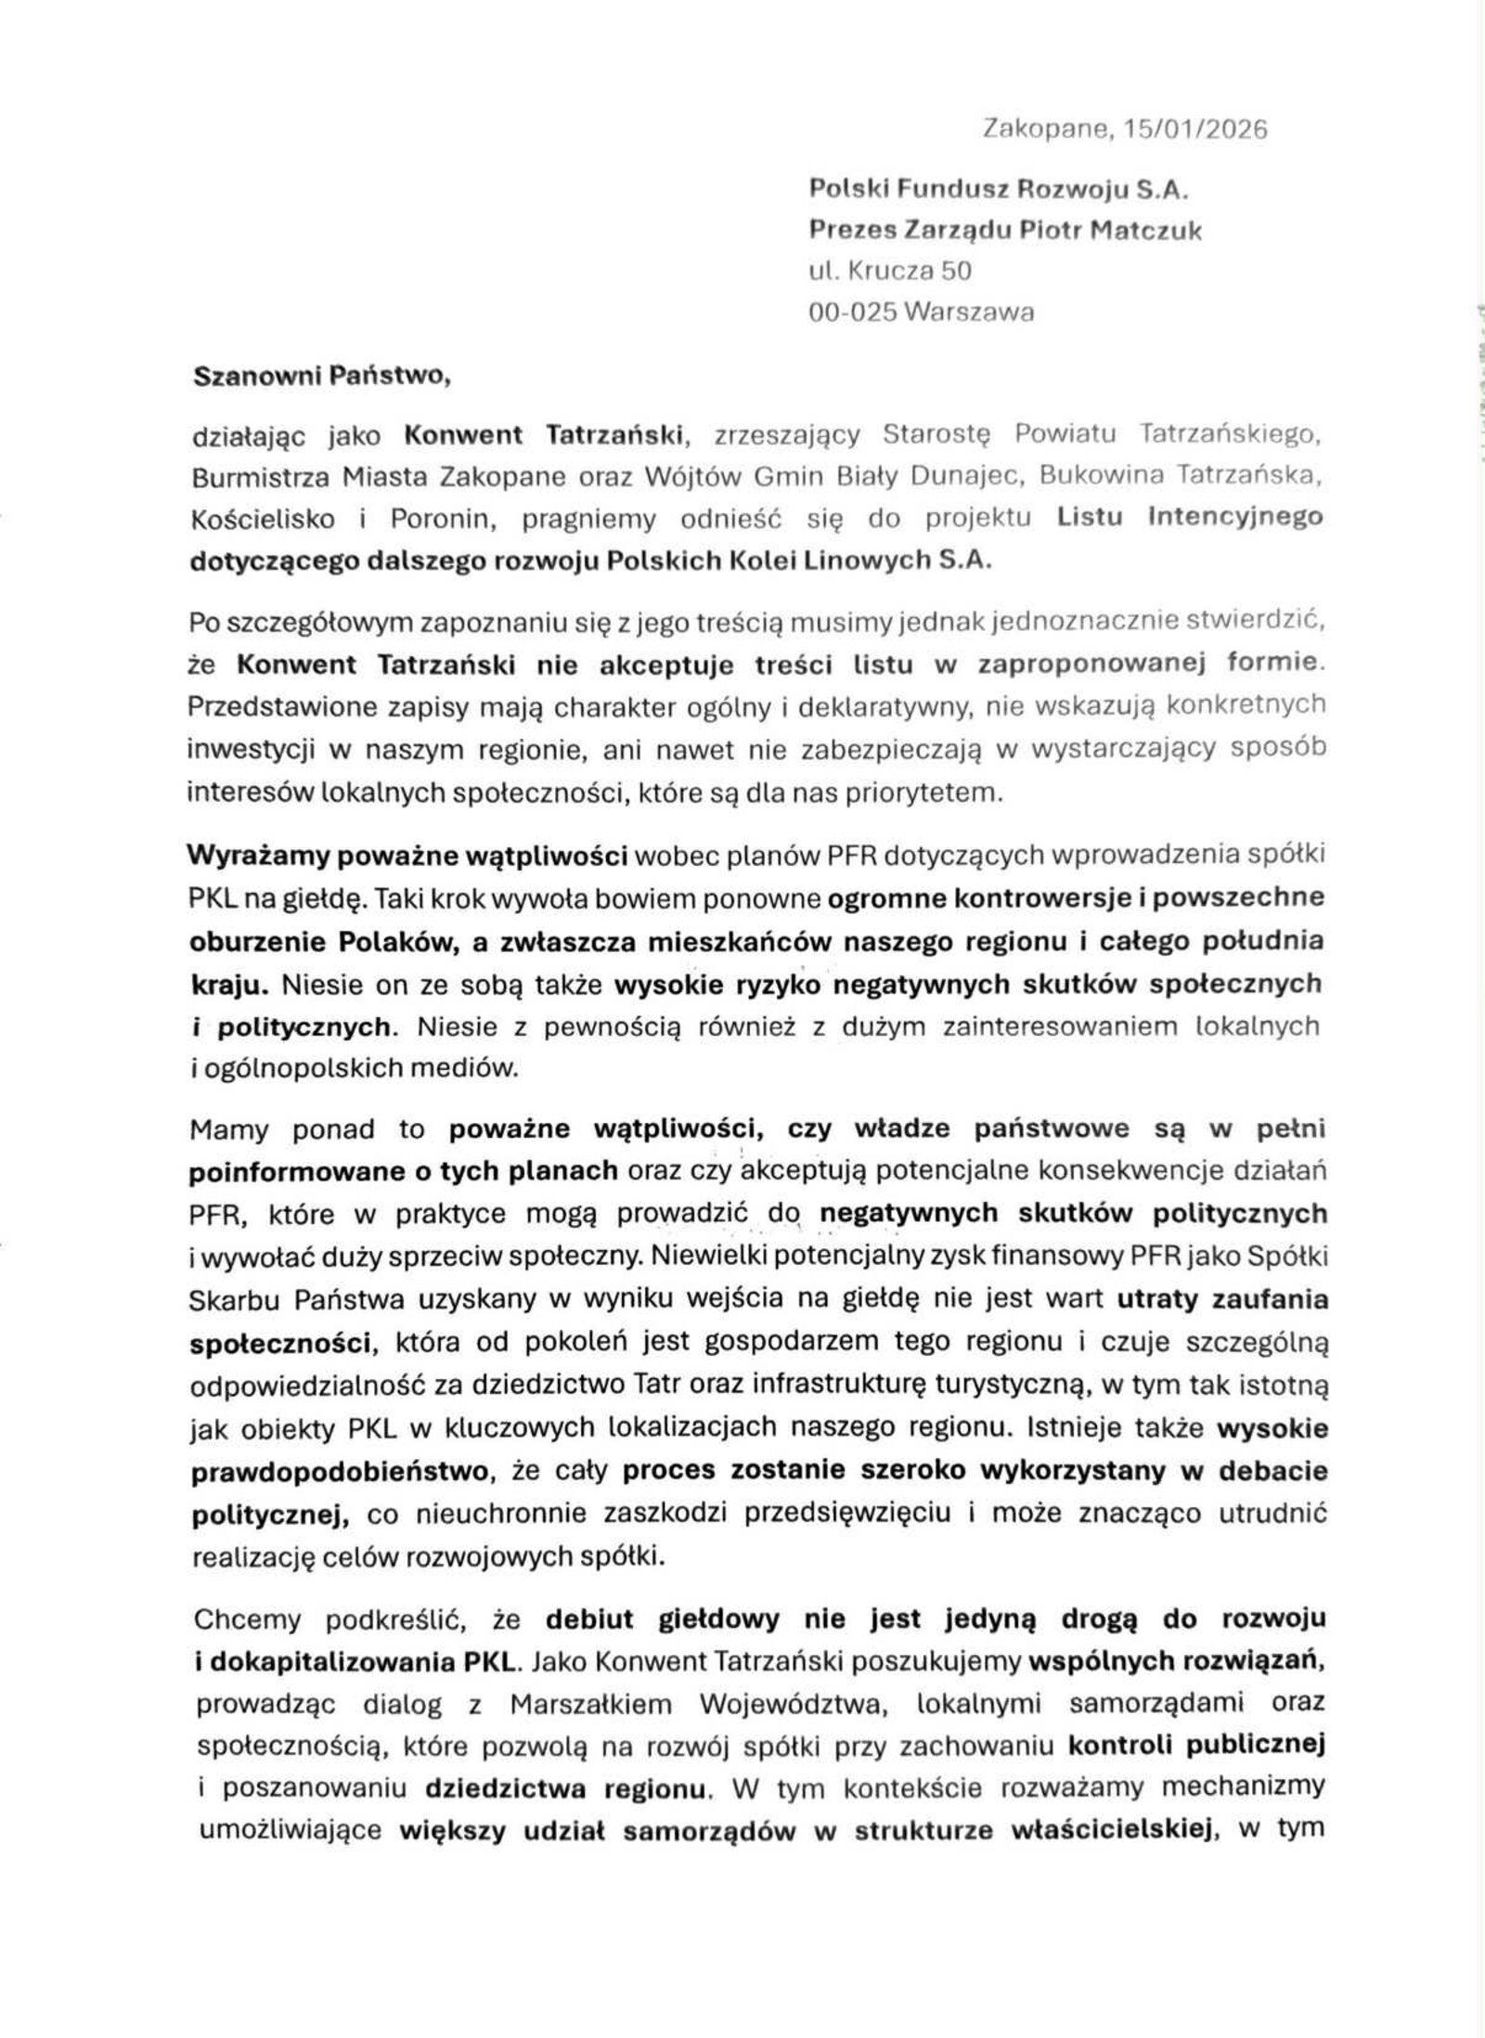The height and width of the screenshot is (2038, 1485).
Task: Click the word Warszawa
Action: [x=969, y=313]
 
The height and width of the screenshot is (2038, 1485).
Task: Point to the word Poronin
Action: [x=439, y=519]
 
